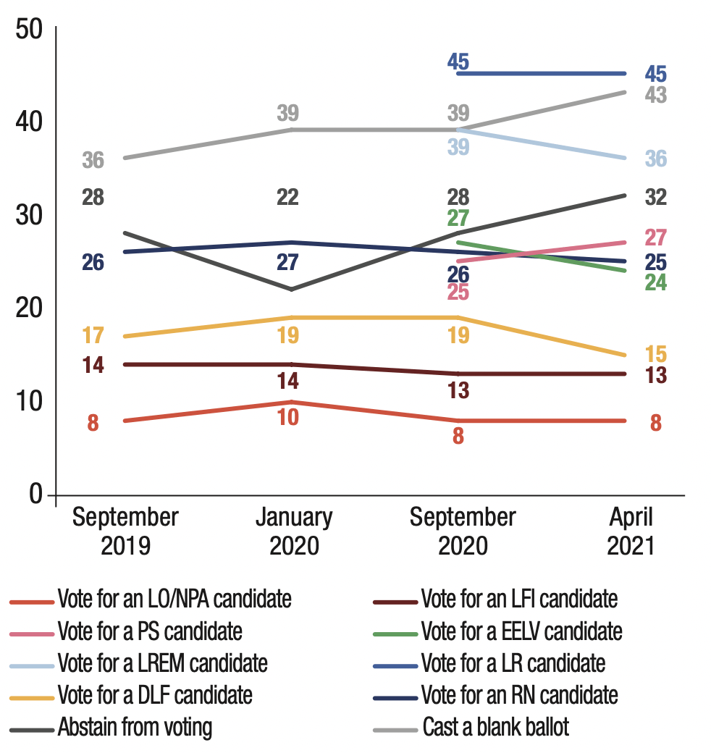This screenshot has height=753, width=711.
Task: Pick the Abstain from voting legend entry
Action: pyautogui.click(x=135, y=726)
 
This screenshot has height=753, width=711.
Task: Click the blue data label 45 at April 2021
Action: pyautogui.click(x=656, y=74)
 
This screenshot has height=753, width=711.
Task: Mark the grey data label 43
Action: pyautogui.click(x=656, y=95)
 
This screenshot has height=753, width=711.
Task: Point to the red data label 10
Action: pyautogui.click(x=288, y=418)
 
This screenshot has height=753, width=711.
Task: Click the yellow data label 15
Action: pyautogui.click(x=656, y=355)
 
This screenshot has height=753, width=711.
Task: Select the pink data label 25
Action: pyautogui.click(x=458, y=293)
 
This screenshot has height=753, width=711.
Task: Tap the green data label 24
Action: pyautogui.click(x=656, y=282)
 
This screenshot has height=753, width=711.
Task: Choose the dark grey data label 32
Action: pyautogui.click(x=656, y=197)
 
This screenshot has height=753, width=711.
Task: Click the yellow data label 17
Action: pyautogui.click(x=93, y=336)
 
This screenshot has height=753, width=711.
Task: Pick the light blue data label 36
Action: pyautogui.click(x=656, y=159)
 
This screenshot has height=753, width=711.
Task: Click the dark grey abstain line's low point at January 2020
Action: pyautogui.click(x=290, y=290)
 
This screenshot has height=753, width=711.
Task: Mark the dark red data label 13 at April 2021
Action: pyautogui.click(x=656, y=376)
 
